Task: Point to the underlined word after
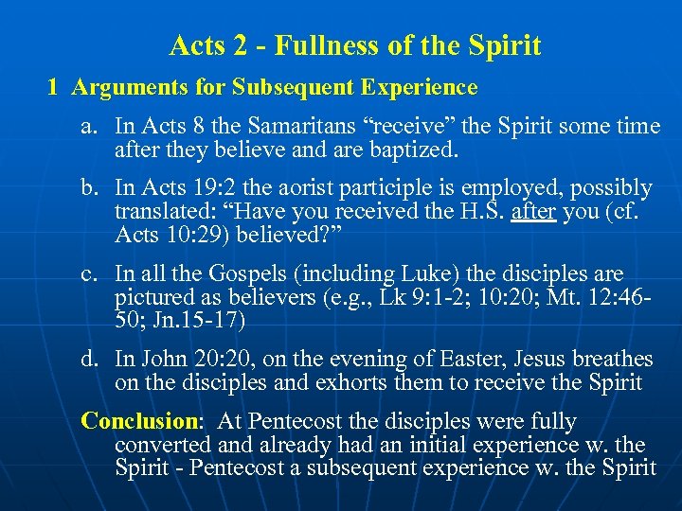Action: coord(533,212)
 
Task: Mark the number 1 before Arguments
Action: coord(54,88)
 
